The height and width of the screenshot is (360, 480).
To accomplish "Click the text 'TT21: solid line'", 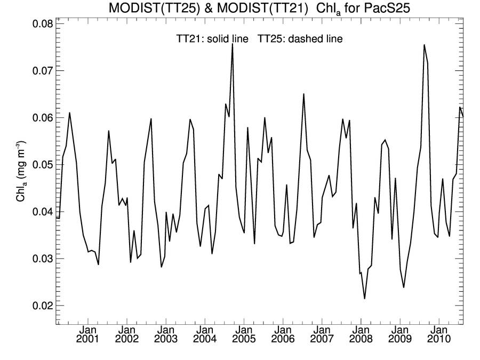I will (213, 39).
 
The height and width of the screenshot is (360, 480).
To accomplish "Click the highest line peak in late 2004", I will (233, 44).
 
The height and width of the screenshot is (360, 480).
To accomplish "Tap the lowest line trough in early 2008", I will (365, 298).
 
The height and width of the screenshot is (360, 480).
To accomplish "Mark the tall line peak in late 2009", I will (424, 45).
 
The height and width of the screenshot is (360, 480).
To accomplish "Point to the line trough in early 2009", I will (404, 287).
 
